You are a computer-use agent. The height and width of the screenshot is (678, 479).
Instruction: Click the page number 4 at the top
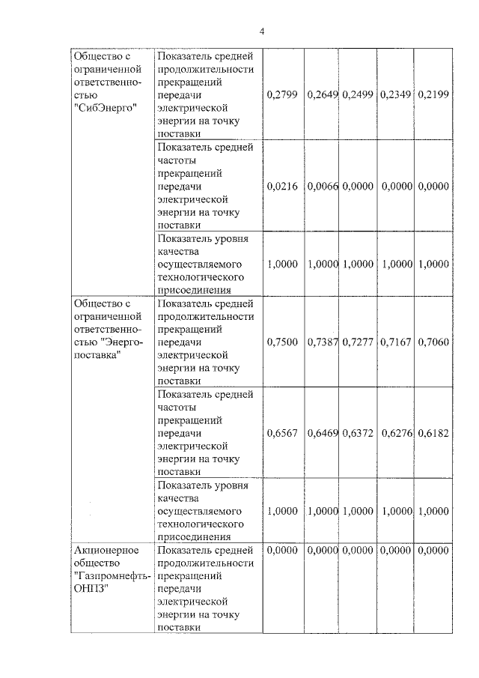(262, 31)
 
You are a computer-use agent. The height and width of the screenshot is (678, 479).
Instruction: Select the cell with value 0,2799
(282, 94)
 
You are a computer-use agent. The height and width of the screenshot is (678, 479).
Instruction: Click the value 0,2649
(322, 94)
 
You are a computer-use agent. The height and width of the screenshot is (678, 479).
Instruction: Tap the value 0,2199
(434, 94)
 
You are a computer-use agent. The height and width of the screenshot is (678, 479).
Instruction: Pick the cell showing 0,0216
(282, 186)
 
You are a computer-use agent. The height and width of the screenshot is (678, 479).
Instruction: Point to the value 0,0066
(322, 186)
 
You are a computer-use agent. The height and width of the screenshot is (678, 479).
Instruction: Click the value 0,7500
(282, 342)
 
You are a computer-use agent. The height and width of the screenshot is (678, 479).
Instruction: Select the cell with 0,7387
(322, 342)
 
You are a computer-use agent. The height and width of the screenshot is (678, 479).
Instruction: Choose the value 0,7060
(434, 342)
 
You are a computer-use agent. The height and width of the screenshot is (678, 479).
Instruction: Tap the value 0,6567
(282, 433)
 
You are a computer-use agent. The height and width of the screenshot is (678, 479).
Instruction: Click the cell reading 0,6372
(358, 433)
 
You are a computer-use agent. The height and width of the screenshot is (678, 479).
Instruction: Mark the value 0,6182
(434, 433)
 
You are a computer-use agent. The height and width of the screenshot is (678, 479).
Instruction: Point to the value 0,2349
(397, 94)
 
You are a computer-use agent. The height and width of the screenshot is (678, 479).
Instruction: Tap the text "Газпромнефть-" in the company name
(112, 575)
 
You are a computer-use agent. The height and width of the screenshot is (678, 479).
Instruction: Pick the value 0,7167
(397, 342)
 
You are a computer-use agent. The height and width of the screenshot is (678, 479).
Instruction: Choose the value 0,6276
(397, 433)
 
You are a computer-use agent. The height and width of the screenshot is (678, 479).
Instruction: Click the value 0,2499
(358, 94)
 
